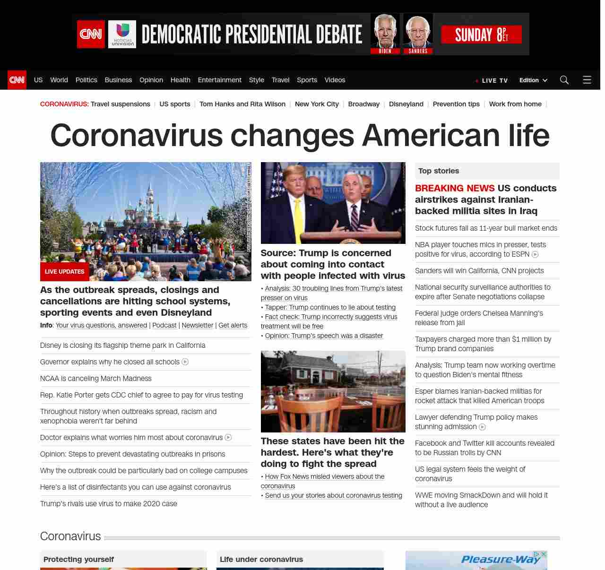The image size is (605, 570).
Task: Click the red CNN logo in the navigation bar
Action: click(x=17, y=80)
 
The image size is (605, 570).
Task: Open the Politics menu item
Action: click(x=86, y=80)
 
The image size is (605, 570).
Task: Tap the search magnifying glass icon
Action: click(x=564, y=80)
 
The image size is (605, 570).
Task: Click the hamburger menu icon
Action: click(x=587, y=80)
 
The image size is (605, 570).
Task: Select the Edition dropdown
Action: click(x=533, y=80)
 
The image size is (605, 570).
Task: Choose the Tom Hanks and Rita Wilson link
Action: click(x=242, y=104)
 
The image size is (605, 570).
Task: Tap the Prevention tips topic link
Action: click(x=456, y=104)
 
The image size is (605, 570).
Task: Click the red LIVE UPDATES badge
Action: click(x=64, y=272)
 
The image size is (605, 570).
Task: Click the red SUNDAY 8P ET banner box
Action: click(x=481, y=35)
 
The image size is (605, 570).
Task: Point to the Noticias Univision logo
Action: click(x=122, y=34)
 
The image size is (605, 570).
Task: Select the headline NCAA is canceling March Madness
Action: click(x=96, y=379)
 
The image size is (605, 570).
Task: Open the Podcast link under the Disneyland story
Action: click(x=164, y=325)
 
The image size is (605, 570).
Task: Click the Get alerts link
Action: click(x=233, y=325)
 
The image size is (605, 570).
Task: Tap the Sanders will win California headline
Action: click(x=479, y=271)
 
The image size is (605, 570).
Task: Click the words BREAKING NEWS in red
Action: click(x=454, y=188)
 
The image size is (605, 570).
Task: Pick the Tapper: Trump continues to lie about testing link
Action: click(x=330, y=307)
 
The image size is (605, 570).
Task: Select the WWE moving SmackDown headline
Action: click(x=481, y=500)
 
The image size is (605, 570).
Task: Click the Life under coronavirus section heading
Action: click(x=261, y=559)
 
